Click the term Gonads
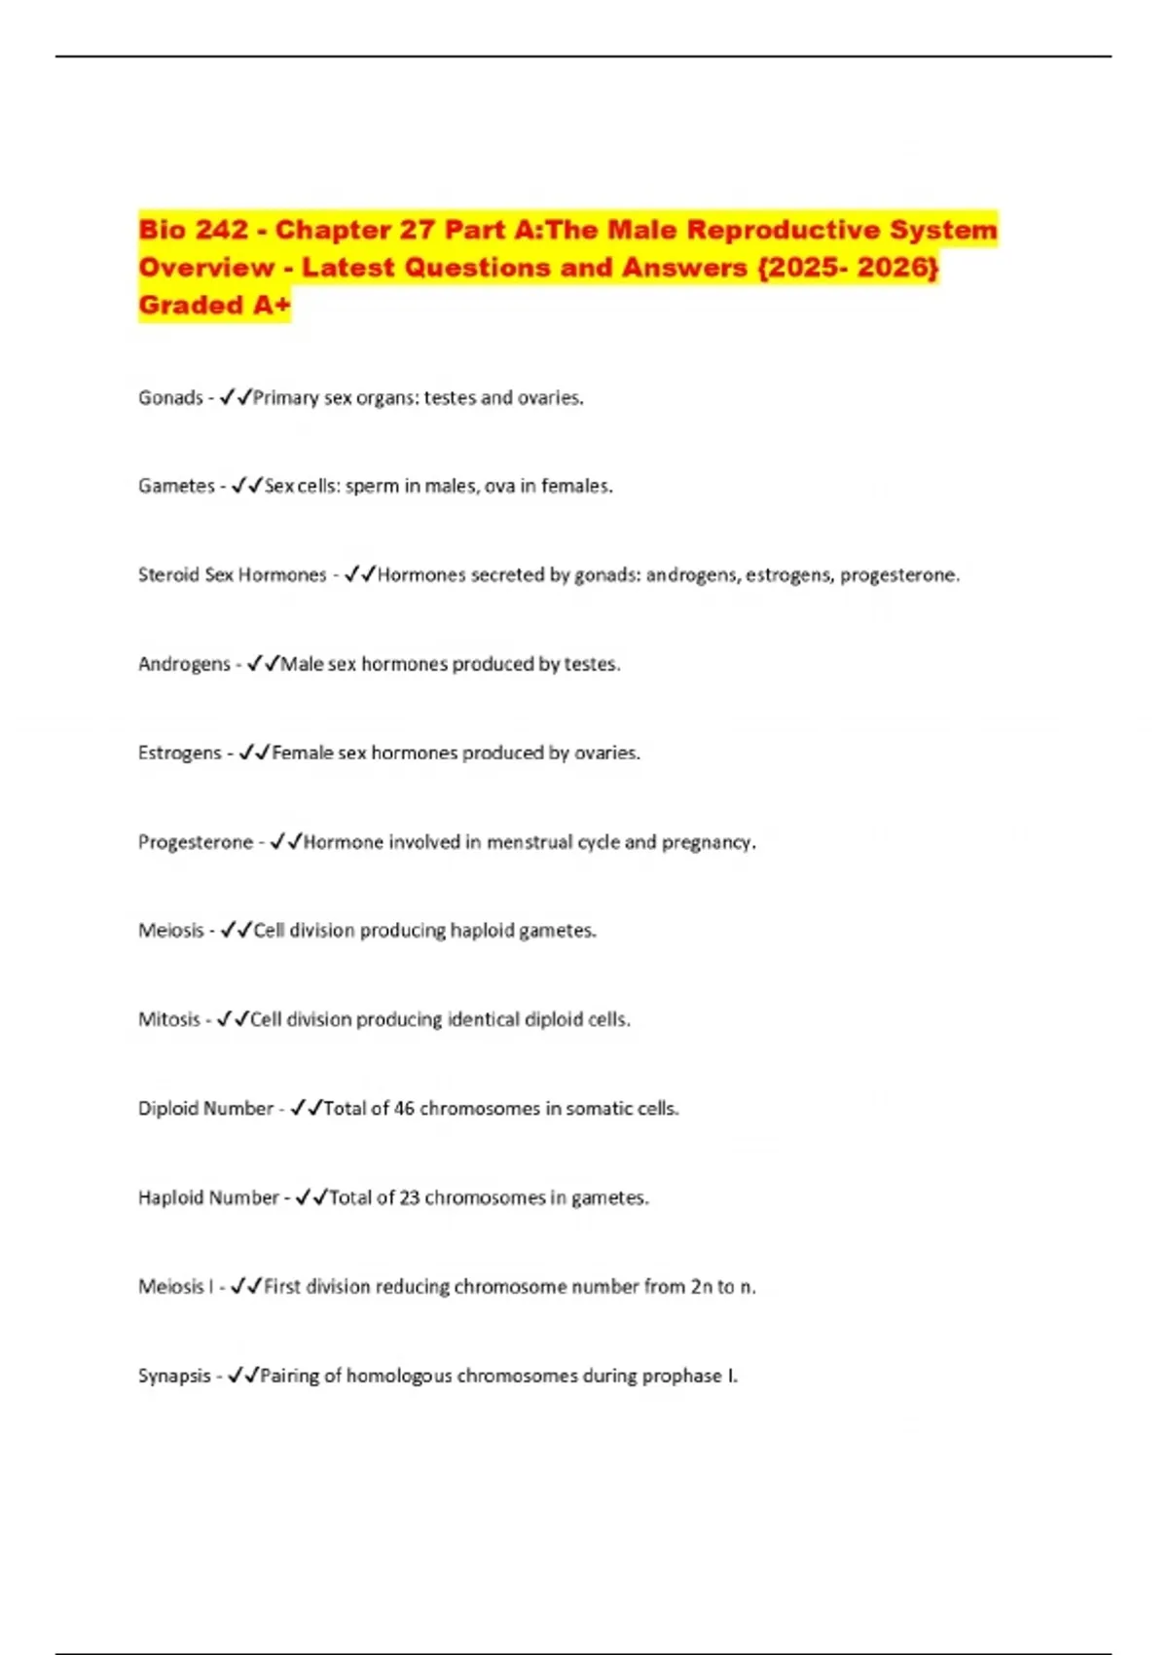[170, 398]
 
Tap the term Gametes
[176, 486]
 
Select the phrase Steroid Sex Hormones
[232, 575]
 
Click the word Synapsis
[174, 1377]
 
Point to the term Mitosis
[169, 1020]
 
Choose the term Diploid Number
[205, 1109]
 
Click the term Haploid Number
[208, 1198]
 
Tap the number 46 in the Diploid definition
[404, 1109]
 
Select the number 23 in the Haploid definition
[409, 1198]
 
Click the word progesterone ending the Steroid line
[898, 575]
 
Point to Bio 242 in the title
[193, 231]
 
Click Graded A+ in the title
[214, 306]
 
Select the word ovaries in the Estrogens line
[606, 754]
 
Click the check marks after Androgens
[263, 664]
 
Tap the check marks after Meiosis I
[246, 1287]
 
